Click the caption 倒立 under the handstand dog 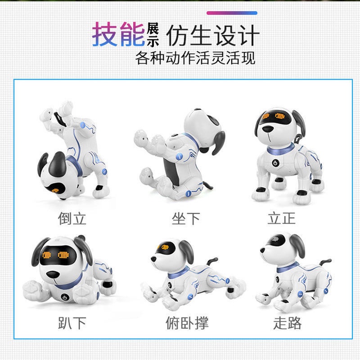coord(72,218)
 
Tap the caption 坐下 coord(186,218)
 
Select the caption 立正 coord(282,218)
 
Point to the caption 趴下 coord(72,323)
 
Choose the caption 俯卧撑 coord(187,323)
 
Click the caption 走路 coord(287,323)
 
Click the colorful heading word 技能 coord(118,35)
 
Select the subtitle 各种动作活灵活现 coord(195,58)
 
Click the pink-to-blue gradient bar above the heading coord(232,13)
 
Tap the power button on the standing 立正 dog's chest coord(275,163)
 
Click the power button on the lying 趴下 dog coord(65,297)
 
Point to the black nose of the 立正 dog coord(268,129)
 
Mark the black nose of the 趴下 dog coord(53,274)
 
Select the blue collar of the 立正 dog coord(280,149)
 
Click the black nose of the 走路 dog coord(263,250)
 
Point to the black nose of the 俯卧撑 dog coord(153,259)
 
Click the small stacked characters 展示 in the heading coord(153,35)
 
